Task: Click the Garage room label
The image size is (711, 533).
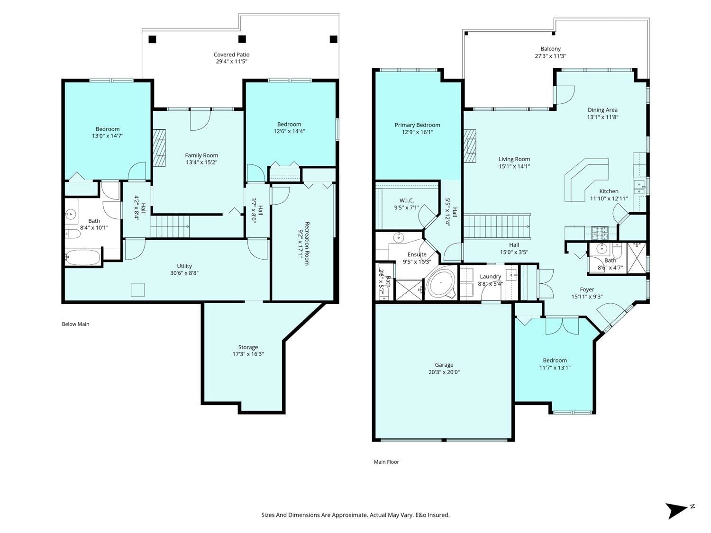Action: [444, 365]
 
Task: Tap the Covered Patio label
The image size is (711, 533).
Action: [231, 54]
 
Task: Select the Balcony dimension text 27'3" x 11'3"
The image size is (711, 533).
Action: [550, 56]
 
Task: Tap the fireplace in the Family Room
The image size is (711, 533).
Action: [159, 148]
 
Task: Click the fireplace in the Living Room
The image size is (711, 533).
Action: [470, 145]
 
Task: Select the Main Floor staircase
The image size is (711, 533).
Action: [497, 226]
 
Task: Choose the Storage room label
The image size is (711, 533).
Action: [248, 347]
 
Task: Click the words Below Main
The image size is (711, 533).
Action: [75, 324]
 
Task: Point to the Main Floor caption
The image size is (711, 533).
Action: [386, 462]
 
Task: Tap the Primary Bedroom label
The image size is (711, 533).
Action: [417, 125]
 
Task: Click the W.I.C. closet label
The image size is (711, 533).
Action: [407, 200]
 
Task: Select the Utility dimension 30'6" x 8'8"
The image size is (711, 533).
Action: [184, 273]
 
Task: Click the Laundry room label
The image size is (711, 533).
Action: [490, 277]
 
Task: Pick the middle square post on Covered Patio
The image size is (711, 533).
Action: [242, 39]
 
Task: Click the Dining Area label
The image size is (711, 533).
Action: [602, 110]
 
